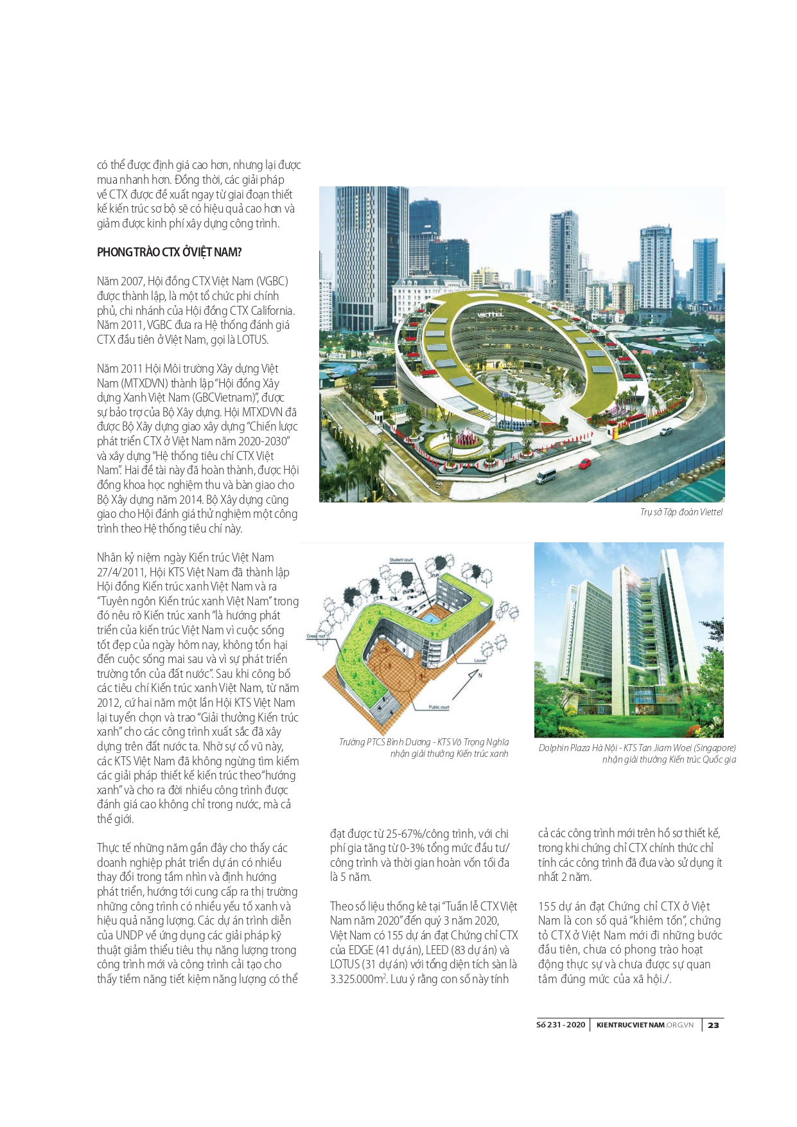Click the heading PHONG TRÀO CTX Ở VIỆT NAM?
point(169,253)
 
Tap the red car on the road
point(585,463)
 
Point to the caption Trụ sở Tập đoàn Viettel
point(681,512)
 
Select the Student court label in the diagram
point(402,560)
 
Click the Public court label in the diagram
point(439,707)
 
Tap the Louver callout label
point(480,661)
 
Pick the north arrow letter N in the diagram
point(480,675)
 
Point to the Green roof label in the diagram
point(316,635)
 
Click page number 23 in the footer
point(714,1025)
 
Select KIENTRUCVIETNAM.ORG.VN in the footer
point(645,1025)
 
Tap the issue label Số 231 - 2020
point(561,1025)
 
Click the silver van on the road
point(545,476)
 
